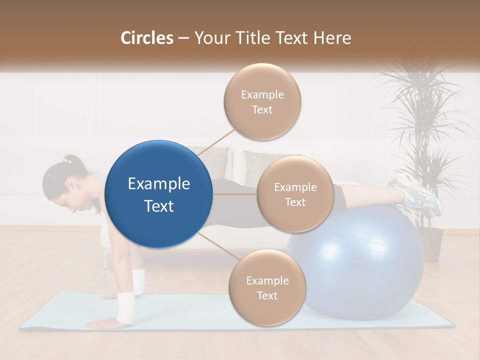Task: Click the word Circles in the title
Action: (147, 38)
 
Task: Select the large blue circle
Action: (159, 194)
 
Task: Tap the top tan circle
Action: (262, 102)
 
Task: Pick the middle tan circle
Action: (295, 194)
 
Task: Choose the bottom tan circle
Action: (267, 287)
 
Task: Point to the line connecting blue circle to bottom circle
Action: (218, 246)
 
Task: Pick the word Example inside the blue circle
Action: (159, 184)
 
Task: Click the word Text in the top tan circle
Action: (262, 109)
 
